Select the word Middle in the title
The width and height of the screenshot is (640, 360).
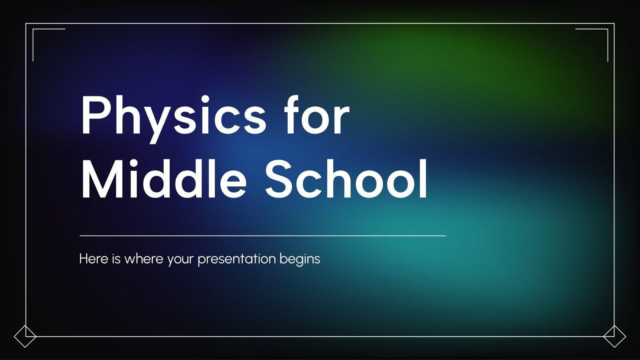(164, 179)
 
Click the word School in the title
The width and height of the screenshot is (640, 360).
(346, 179)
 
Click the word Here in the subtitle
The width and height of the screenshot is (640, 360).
(94, 259)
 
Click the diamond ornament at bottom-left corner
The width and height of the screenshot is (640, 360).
(25, 336)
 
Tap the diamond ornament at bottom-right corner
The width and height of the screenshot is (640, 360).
(614, 336)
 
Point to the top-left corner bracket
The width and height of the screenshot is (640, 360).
(34, 30)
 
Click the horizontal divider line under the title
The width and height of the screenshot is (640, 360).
(262, 236)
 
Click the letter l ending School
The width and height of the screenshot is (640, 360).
(423, 178)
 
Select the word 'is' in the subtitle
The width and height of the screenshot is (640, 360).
(116, 259)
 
